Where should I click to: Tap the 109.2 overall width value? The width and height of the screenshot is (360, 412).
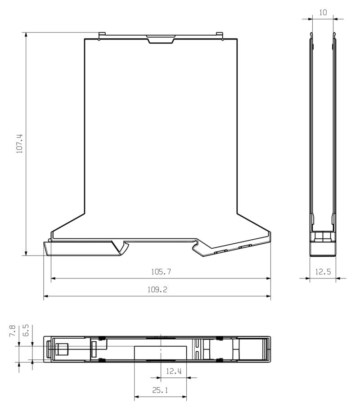[x=157, y=290]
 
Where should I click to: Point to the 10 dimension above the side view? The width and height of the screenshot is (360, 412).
[x=323, y=13]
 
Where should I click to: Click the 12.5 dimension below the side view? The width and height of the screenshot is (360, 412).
[x=323, y=272]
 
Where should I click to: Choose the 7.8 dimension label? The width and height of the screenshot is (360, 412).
[x=13, y=332]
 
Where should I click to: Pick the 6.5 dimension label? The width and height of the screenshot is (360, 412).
[x=26, y=332]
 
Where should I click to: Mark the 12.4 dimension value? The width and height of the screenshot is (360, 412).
[x=173, y=371]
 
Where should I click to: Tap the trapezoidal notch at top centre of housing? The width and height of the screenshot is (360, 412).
[x=161, y=39]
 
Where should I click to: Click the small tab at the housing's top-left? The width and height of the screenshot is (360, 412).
[x=102, y=35]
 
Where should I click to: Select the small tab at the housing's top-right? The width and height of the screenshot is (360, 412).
[x=220, y=35]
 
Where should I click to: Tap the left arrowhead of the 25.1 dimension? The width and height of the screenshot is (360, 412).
[x=137, y=397]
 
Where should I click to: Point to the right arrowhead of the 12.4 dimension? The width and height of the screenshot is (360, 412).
[x=186, y=377]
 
